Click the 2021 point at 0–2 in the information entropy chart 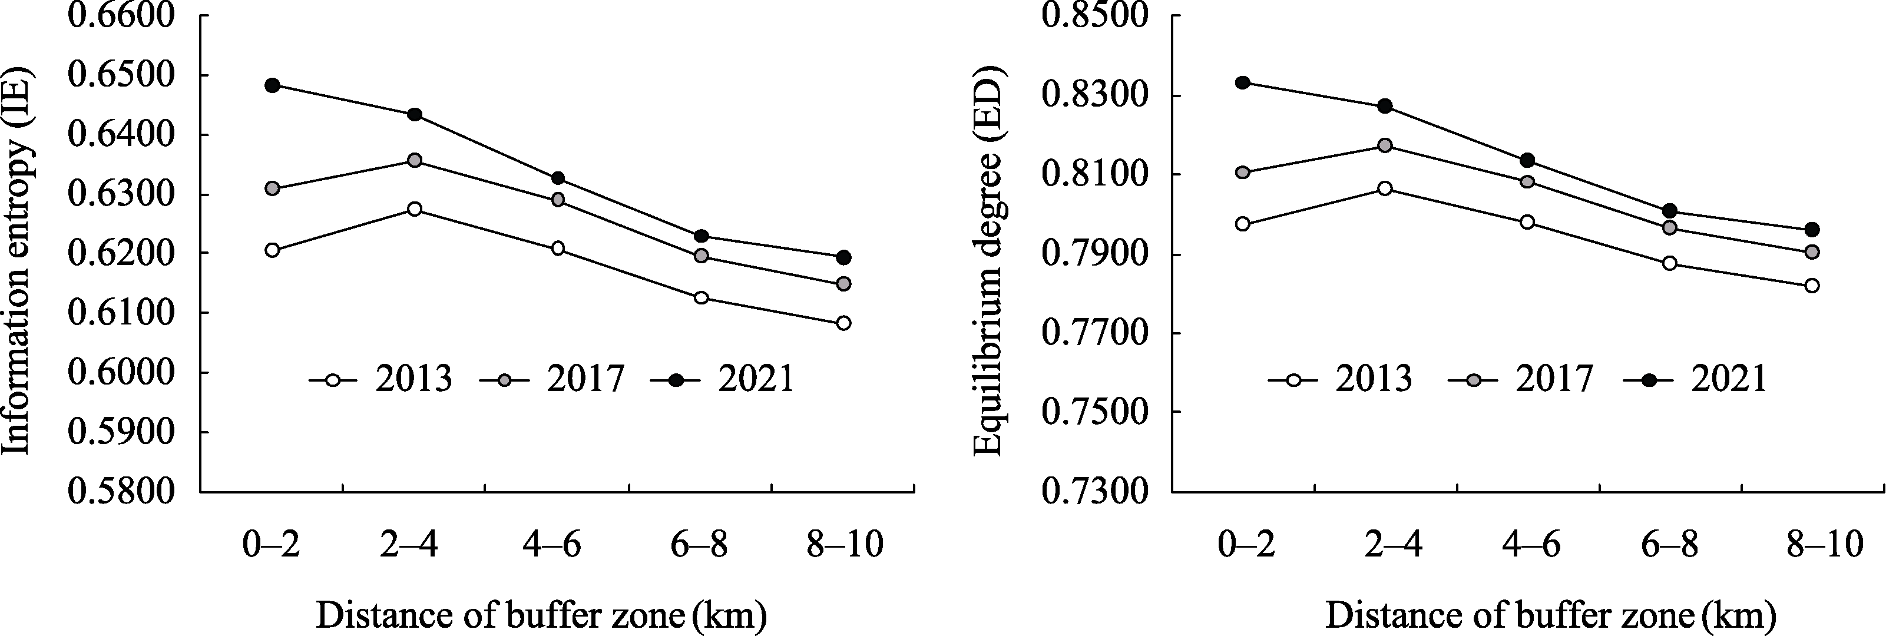tap(272, 85)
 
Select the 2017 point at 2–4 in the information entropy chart tap(415, 160)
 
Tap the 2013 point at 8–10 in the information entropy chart tap(843, 323)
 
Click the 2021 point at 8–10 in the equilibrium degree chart tap(1812, 230)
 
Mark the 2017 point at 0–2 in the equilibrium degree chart tap(1242, 173)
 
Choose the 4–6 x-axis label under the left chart tap(552, 546)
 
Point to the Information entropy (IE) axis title tap(18, 262)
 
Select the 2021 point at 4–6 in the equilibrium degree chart tap(1527, 160)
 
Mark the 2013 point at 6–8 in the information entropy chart tap(701, 298)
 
